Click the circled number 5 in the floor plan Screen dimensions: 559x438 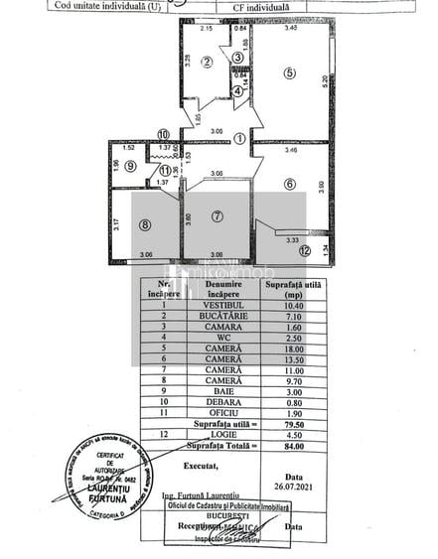pos(289,72)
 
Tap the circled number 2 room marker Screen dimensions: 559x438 pos(207,63)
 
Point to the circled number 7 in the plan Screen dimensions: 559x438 pos(217,215)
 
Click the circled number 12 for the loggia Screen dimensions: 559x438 pos(305,252)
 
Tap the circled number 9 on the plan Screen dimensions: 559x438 pos(132,166)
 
